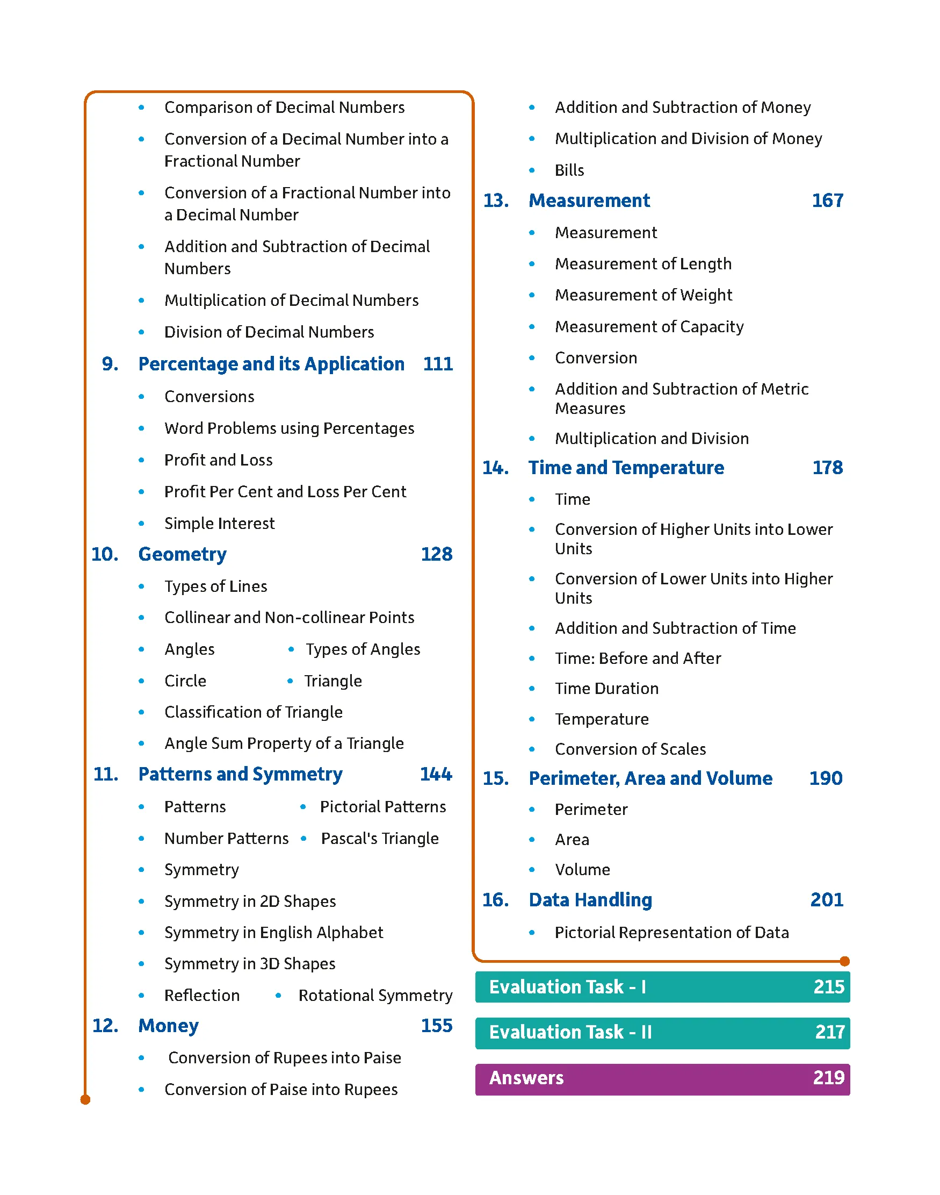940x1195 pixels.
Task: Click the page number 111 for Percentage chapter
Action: tap(438, 364)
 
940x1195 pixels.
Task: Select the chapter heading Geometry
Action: tap(182, 554)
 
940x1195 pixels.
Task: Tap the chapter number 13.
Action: tap(495, 201)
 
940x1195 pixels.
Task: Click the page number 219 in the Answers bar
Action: tap(828, 1077)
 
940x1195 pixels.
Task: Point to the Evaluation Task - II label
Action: tap(570, 1032)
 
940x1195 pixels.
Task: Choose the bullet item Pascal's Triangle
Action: tap(380, 838)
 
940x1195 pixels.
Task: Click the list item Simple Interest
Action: tap(219, 523)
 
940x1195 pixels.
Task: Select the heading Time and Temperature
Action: tap(626, 468)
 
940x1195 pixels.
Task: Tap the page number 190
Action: tap(826, 778)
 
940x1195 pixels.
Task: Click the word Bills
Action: tap(569, 170)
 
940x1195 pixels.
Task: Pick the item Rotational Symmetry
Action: tap(375, 995)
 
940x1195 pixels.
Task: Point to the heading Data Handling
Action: tap(590, 900)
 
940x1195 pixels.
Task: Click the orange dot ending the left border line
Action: tap(85, 1100)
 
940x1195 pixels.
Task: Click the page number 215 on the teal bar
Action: tap(828, 986)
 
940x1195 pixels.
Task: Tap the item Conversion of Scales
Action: tap(630, 749)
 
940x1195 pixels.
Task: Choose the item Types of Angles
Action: tap(363, 649)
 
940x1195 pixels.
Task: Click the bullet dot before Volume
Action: tap(532, 870)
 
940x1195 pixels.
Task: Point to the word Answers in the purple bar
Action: tap(526, 1077)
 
